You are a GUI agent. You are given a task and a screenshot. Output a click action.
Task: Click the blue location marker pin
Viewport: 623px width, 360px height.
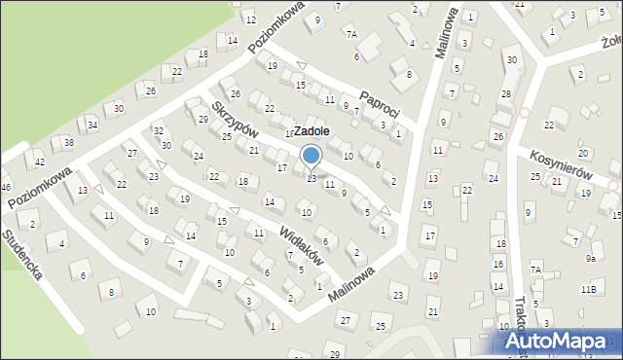(x=311, y=156)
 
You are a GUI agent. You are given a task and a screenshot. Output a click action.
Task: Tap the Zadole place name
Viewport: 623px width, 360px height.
(x=311, y=130)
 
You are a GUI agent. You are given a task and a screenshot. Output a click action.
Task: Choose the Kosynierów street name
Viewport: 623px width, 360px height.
(x=562, y=162)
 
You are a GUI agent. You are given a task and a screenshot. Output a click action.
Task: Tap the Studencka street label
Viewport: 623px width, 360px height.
(x=21, y=255)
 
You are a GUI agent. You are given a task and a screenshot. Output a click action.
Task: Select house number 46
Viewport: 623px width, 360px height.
(x=5, y=186)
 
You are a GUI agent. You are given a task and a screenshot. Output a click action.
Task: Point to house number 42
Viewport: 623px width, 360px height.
(x=40, y=162)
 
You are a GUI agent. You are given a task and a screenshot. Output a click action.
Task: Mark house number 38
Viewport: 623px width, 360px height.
(x=68, y=143)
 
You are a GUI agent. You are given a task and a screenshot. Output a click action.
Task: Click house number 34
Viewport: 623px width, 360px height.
(x=92, y=125)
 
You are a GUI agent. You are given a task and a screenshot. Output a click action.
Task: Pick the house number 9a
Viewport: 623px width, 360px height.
(x=590, y=259)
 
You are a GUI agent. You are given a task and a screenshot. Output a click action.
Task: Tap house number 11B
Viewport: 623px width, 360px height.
(x=588, y=289)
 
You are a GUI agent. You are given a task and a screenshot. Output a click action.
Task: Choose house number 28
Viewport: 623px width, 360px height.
(x=505, y=93)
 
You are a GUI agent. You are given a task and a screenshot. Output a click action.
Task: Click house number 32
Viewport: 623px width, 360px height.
(x=158, y=130)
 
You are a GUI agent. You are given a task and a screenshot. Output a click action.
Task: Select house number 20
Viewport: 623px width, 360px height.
(x=582, y=154)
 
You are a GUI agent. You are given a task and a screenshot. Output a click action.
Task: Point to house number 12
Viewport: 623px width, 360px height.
(x=250, y=19)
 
